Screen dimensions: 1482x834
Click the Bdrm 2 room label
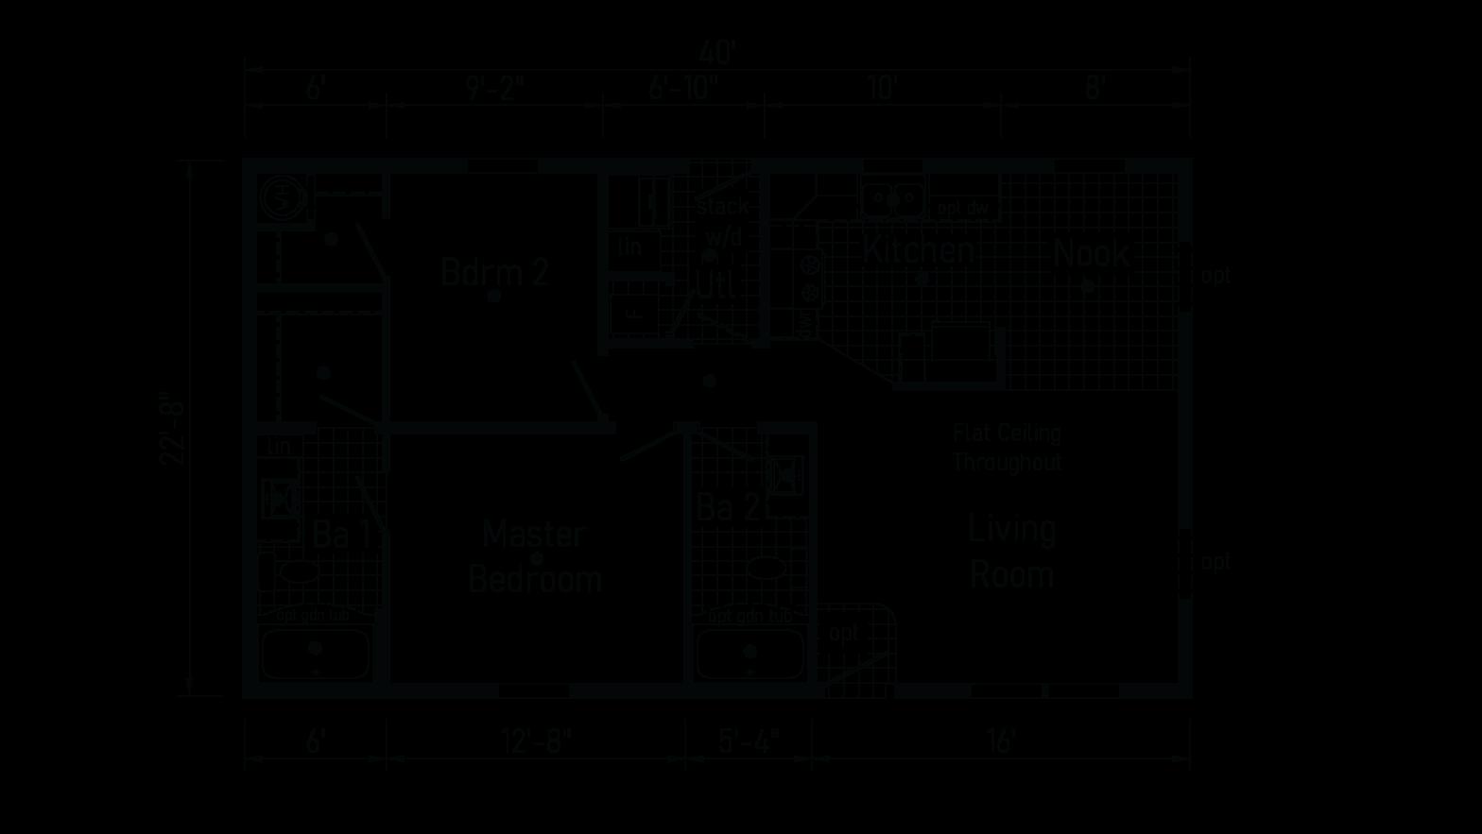(x=494, y=272)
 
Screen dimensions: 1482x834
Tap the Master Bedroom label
(x=535, y=556)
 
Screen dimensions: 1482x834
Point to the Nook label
(x=1091, y=253)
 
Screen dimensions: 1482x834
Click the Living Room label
(x=1011, y=552)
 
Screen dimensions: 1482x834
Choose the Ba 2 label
(x=727, y=508)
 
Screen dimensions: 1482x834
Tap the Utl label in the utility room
(x=715, y=284)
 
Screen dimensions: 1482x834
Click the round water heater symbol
(x=282, y=197)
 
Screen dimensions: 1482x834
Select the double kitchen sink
(x=892, y=198)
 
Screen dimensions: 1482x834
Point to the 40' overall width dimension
(x=717, y=53)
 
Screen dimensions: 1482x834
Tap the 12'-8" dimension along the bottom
(x=537, y=740)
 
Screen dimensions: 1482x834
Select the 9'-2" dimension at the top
(x=495, y=90)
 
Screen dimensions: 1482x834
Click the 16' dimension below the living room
(x=1000, y=740)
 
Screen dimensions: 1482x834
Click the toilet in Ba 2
(x=764, y=569)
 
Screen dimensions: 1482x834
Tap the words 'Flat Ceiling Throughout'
(x=1007, y=448)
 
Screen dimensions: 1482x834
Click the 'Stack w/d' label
(x=722, y=221)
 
